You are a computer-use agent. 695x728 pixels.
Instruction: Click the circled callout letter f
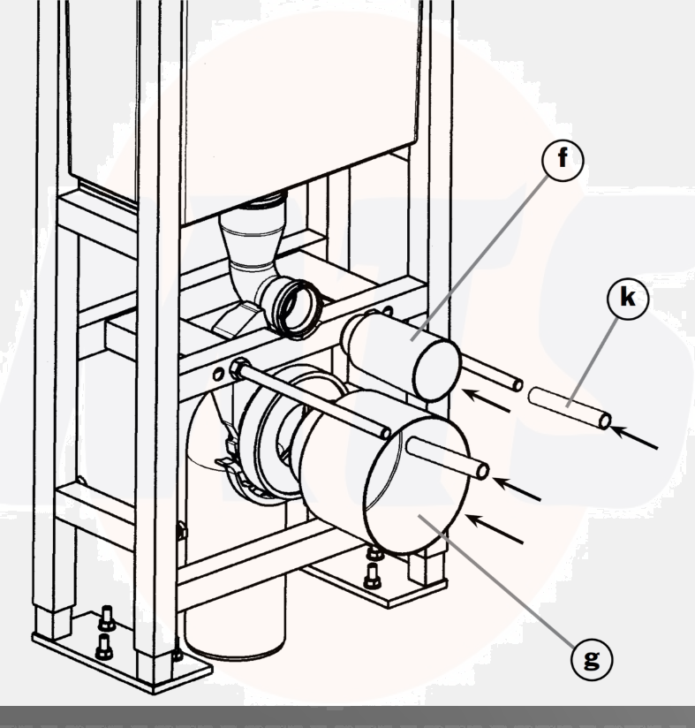(563, 160)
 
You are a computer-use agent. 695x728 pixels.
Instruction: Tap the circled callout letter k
(627, 299)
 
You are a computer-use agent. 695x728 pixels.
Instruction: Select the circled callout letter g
(592, 659)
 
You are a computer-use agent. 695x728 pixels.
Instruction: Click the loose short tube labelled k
(570, 408)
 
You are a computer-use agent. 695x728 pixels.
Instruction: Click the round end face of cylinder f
(436, 370)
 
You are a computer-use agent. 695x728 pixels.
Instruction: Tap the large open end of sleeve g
(417, 486)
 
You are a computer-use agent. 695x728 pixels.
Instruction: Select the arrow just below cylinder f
(487, 400)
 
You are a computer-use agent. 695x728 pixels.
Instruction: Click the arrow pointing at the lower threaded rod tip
(517, 489)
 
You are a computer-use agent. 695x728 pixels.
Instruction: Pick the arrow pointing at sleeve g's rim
(495, 528)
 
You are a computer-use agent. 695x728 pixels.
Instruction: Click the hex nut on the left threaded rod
(236, 368)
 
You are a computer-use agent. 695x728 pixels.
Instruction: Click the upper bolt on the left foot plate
(107, 618)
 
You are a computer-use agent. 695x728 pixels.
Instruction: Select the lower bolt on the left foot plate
(103, 647)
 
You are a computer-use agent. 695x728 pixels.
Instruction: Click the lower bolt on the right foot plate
(372, 576)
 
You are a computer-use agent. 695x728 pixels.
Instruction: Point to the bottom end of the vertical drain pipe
(235, 648)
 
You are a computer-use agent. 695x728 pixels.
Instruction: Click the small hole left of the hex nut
(217, 375)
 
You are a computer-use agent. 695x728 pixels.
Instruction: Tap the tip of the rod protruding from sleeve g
(482, 471)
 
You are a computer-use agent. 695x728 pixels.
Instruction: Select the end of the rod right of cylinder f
(517, 385)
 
